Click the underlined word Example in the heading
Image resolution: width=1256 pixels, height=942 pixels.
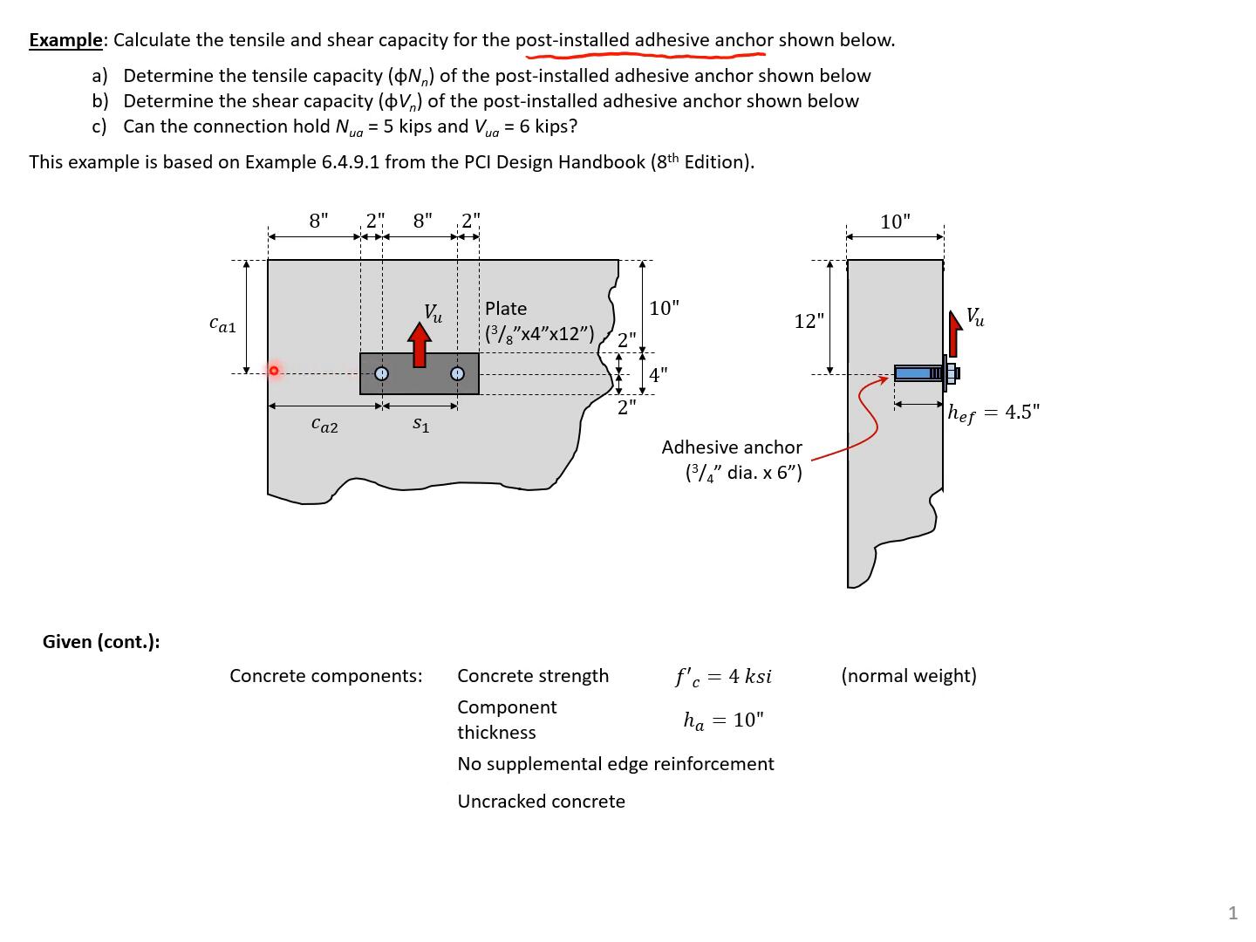coord(65,40)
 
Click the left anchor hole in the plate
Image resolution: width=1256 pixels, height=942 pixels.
coord(381,374)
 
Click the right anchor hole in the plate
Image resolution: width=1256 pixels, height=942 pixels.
coord(458,374)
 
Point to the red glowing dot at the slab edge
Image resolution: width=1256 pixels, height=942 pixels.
coord(274,371)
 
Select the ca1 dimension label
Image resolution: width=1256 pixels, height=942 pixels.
coord(222,325)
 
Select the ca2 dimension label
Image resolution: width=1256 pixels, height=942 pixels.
coord(324,426)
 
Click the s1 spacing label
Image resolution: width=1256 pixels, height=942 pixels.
coord(420,425)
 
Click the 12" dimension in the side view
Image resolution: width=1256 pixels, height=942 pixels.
coord(809,321)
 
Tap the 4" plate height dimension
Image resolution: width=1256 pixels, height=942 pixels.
coord(659,375)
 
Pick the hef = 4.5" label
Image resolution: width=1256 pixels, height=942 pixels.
coord(993,413)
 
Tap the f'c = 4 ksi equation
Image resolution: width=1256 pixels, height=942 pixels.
coord(723,677)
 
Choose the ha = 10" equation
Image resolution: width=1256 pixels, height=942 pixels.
coord(723,720)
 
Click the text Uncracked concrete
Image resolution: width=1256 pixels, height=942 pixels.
coord(541,802)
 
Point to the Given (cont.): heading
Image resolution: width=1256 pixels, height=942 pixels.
coord(101,642)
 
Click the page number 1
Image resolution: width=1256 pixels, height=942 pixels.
coord(1232,913)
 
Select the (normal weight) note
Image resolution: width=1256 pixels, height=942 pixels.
coord(909,676)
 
